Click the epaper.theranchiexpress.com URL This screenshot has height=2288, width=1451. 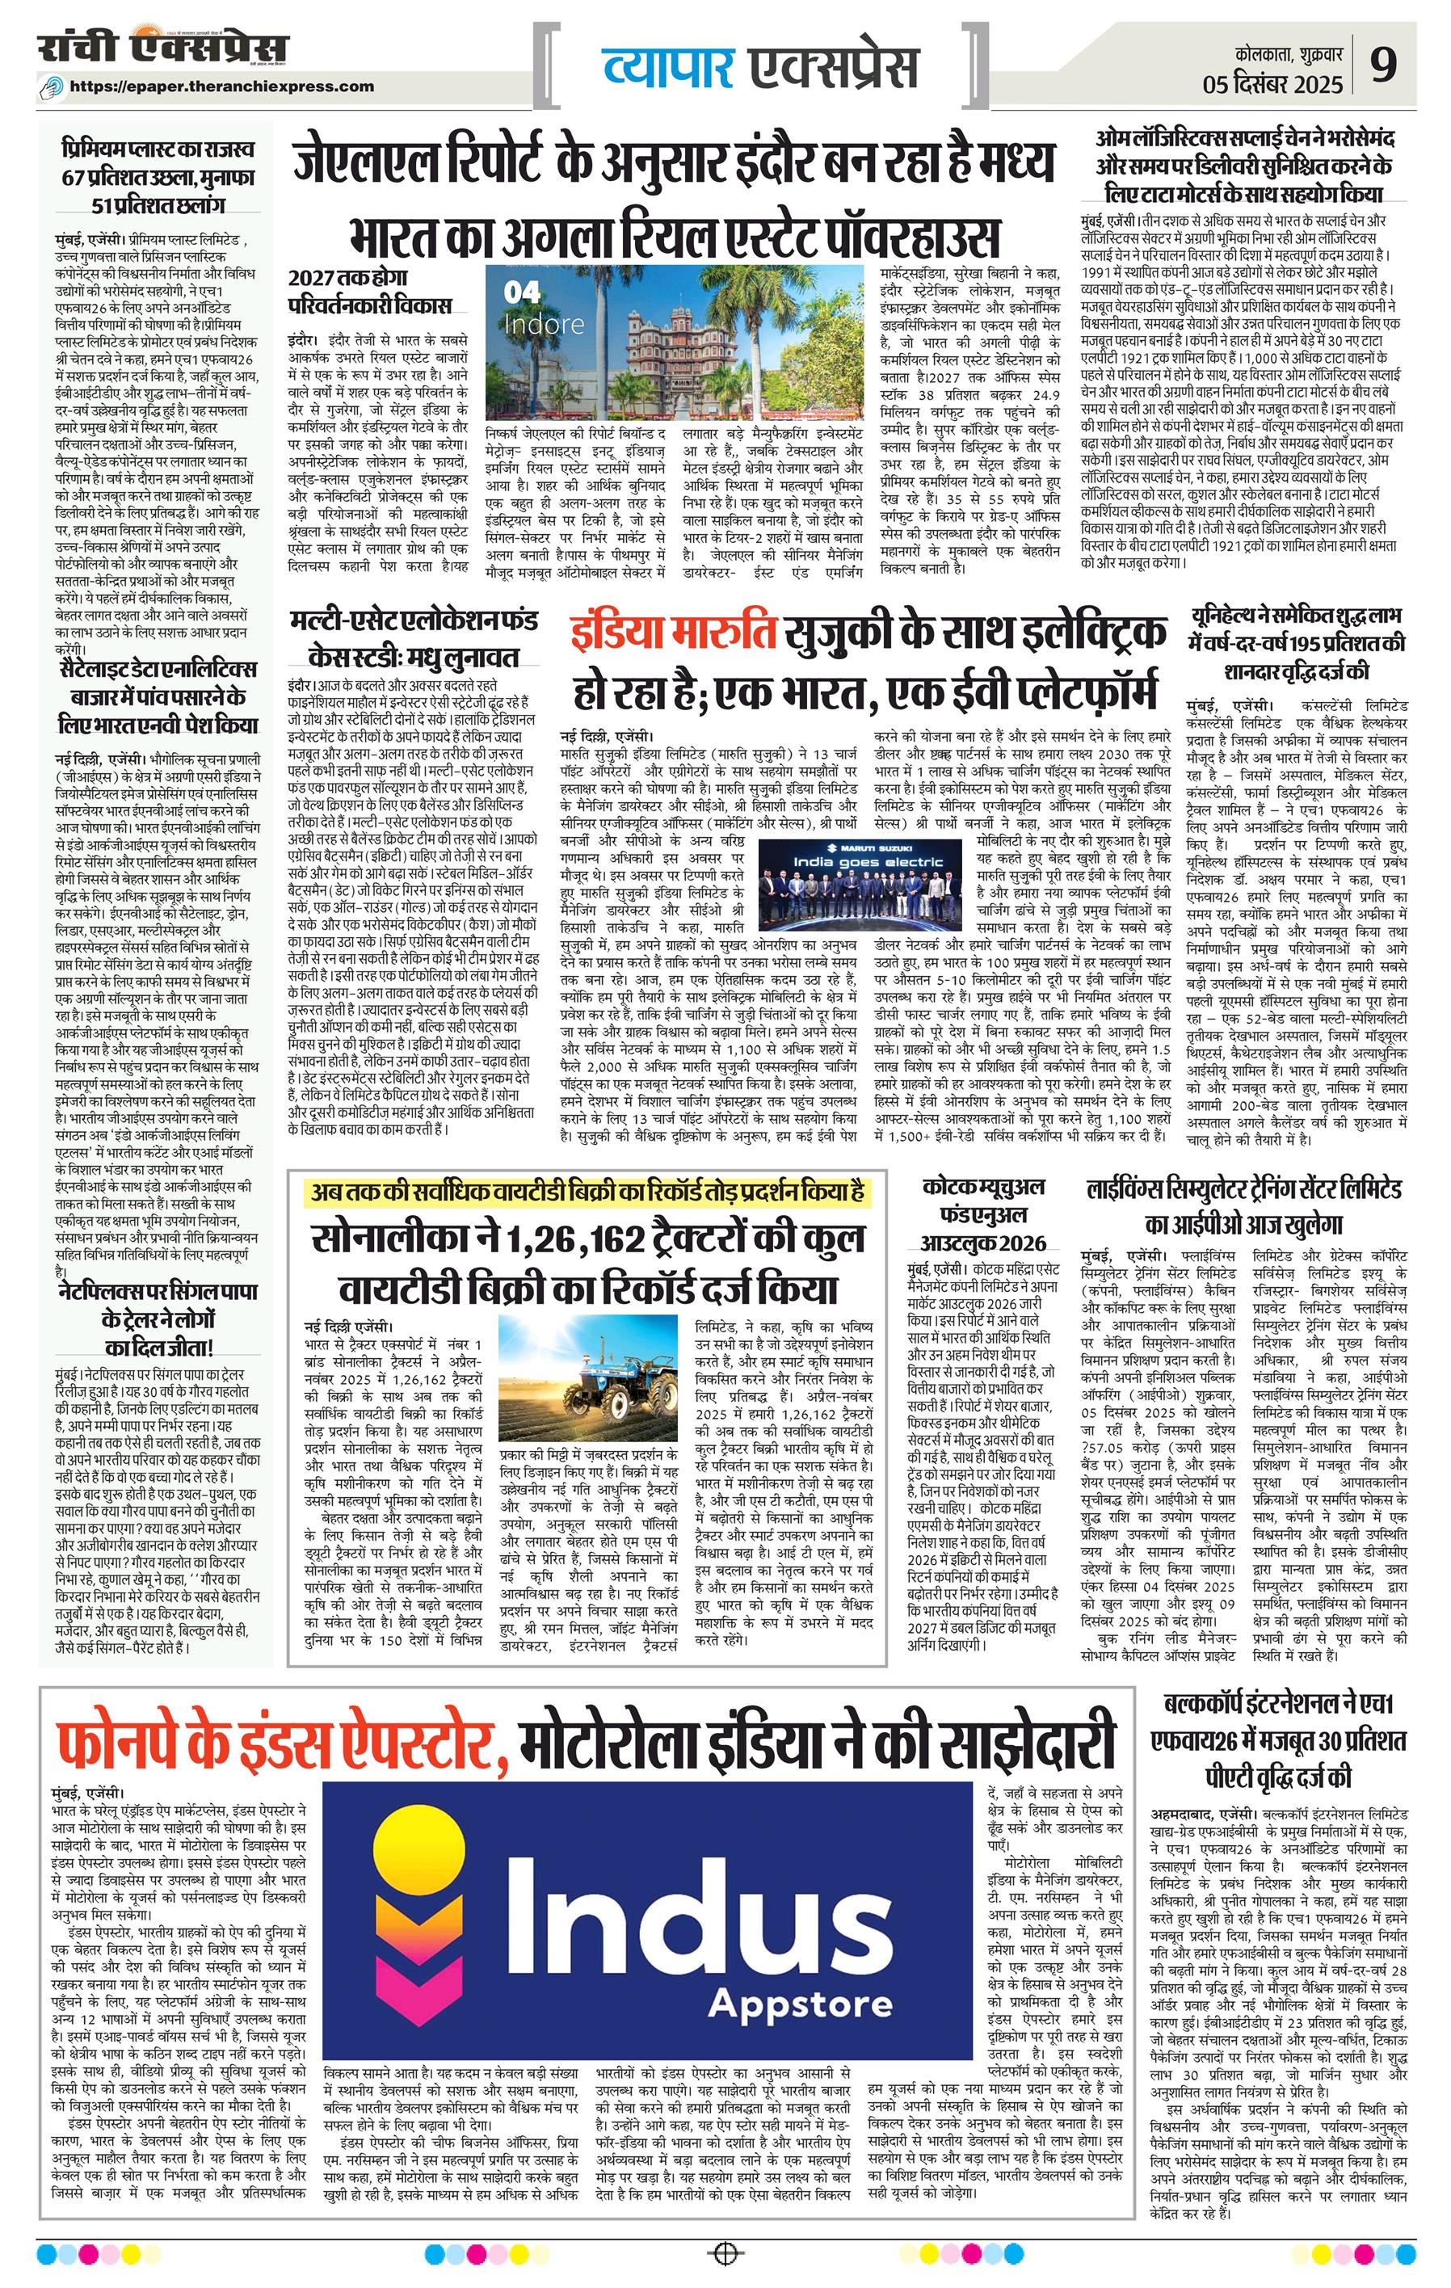pos(221,86)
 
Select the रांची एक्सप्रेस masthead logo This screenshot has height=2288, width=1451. pos(163,48)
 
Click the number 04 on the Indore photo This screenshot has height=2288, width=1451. pos(522,292)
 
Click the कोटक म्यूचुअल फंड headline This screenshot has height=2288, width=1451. pos(983,1213)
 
